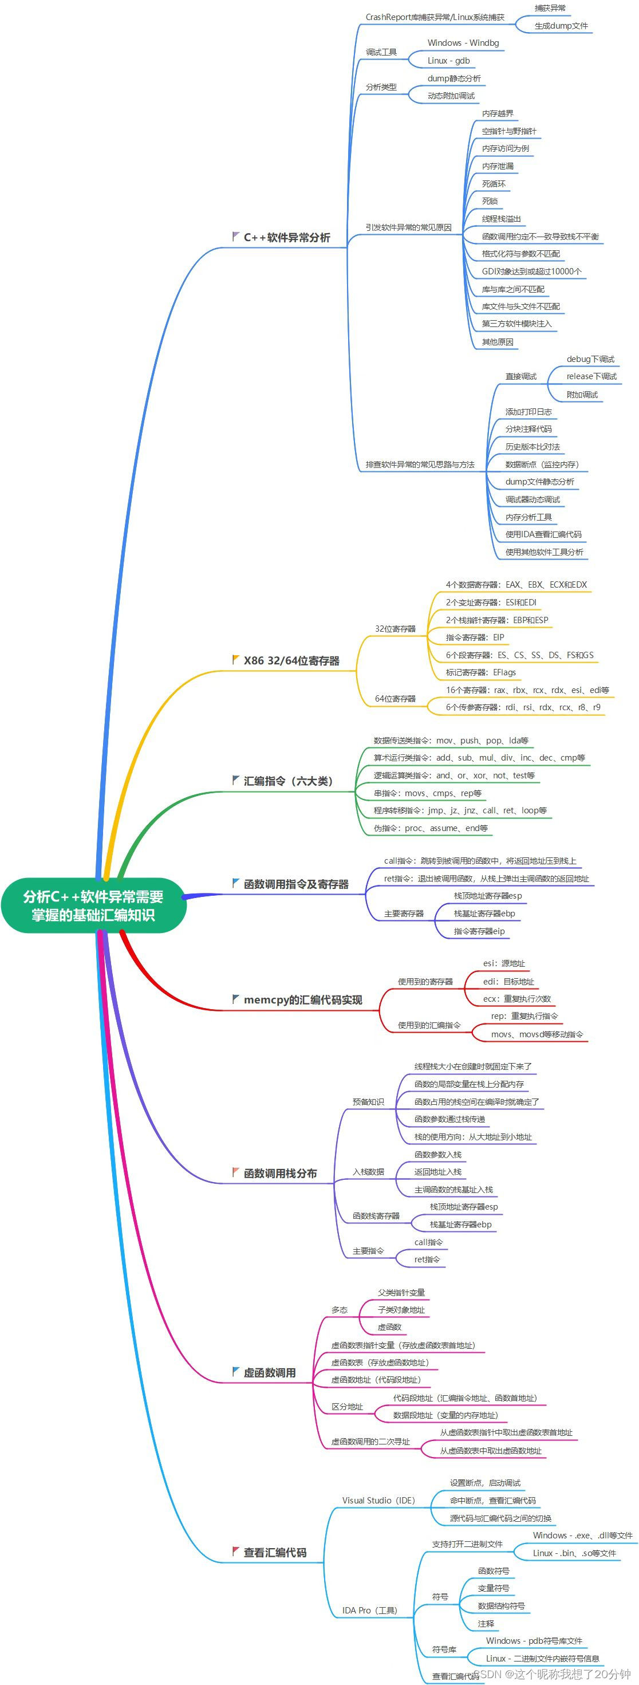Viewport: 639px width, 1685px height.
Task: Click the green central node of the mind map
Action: pyautogui.click(x=93, y=906)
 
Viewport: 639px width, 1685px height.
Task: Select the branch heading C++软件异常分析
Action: pyautogui.click(x=286, y=238)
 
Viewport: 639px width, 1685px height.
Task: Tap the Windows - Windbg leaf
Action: pyautogui.click(x=463, y=43)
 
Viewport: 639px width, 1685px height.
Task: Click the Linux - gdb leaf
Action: pyautogui.click(x=449, y=61)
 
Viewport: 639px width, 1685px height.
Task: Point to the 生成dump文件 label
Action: pyautogui.click(x=561, y=26)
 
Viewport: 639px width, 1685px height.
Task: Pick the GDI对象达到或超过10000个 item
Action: pyautogui.click(x=532, y=271)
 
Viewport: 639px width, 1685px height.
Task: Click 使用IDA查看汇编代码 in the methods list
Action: pyautogui.click(x=543, y=534)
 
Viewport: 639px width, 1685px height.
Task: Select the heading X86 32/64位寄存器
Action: pyautogui.click(x=291, y=661)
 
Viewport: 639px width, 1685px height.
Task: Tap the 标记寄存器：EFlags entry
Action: pyautogui.click(x=481, y=672)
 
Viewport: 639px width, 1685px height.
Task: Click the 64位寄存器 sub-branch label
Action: pyautogui.click(x=395, y=699)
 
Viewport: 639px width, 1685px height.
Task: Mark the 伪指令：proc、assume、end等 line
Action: pyautogui.click(x=431, y=828)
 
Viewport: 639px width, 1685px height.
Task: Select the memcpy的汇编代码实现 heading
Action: pyautogui.click(x=303, y=1000)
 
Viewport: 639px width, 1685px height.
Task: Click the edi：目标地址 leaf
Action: pyautogui.click(x=508, y=982)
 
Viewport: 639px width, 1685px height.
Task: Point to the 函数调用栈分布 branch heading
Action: pyautogui.click(x=280, y=1174)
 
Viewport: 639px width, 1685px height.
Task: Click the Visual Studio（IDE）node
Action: pyautogui.click(x=378, y=1501)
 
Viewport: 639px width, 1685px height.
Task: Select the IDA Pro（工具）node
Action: pyautogui.click(x=369, y=1611)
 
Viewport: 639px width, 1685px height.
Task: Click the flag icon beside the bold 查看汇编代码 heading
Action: pyautogui.click(x=235, y=1552)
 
